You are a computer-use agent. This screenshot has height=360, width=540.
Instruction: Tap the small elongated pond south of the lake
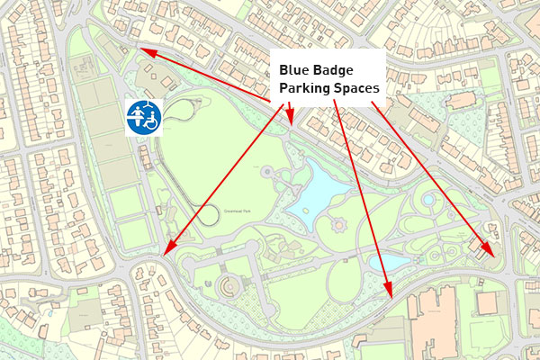coord(394,261)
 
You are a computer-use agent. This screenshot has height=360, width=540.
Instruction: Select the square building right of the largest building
coord(486,301)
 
